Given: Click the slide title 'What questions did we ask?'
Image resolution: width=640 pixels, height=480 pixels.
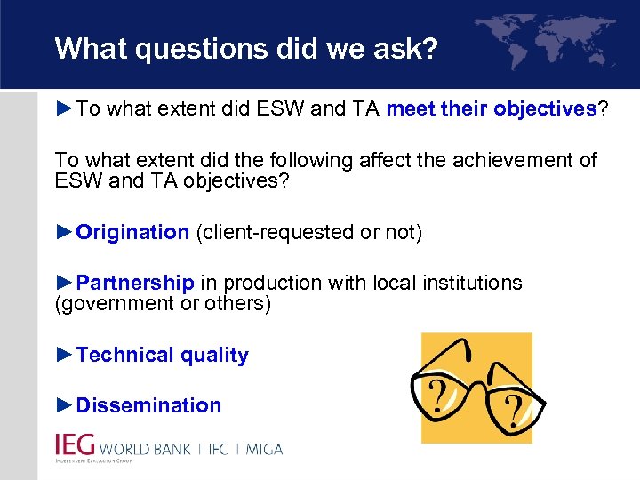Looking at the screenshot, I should [x=246, y=49].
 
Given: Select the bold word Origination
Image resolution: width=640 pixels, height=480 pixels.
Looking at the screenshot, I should [x=132, y=233].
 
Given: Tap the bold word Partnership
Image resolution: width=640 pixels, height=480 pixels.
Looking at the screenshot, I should [x=135, y=284].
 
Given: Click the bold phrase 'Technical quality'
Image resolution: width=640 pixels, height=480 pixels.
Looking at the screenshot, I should [x=162, y=356].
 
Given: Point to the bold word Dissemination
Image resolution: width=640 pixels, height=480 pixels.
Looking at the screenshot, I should [x=148, y=405].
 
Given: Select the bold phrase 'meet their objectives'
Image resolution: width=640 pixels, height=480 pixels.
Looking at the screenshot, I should [x=491, y=109].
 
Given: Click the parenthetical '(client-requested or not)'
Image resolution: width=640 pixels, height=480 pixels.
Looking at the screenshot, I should [x=308, y=233].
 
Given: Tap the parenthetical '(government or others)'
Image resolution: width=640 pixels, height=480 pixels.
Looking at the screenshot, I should [x=163, y=304].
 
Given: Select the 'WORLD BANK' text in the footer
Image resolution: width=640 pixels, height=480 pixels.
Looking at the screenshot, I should [x=145, y=449].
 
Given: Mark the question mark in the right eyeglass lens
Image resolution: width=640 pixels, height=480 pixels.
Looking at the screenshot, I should [x=513, y=411].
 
